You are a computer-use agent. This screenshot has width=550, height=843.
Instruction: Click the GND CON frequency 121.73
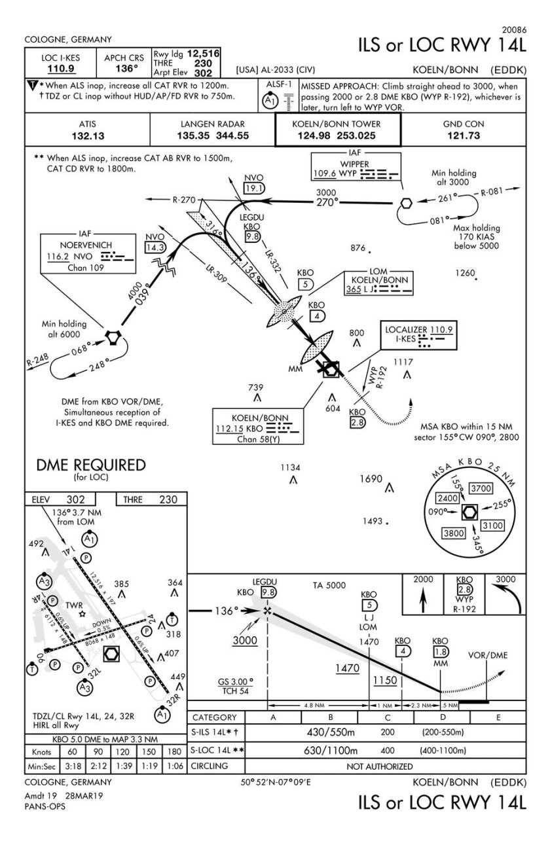tap(466, 136)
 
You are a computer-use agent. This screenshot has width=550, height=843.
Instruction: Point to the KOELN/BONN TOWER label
tap(337, 123)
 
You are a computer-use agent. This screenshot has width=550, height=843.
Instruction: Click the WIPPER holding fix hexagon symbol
tap(406, 202)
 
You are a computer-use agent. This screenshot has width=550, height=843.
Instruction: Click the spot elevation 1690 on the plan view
tap(371, 480)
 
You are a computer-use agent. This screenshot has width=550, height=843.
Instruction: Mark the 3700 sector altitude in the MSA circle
tap(481, 488)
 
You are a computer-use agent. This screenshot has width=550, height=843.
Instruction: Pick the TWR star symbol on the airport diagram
tap(82, 614)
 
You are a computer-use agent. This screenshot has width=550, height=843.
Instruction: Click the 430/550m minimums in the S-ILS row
tap(331, 732)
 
